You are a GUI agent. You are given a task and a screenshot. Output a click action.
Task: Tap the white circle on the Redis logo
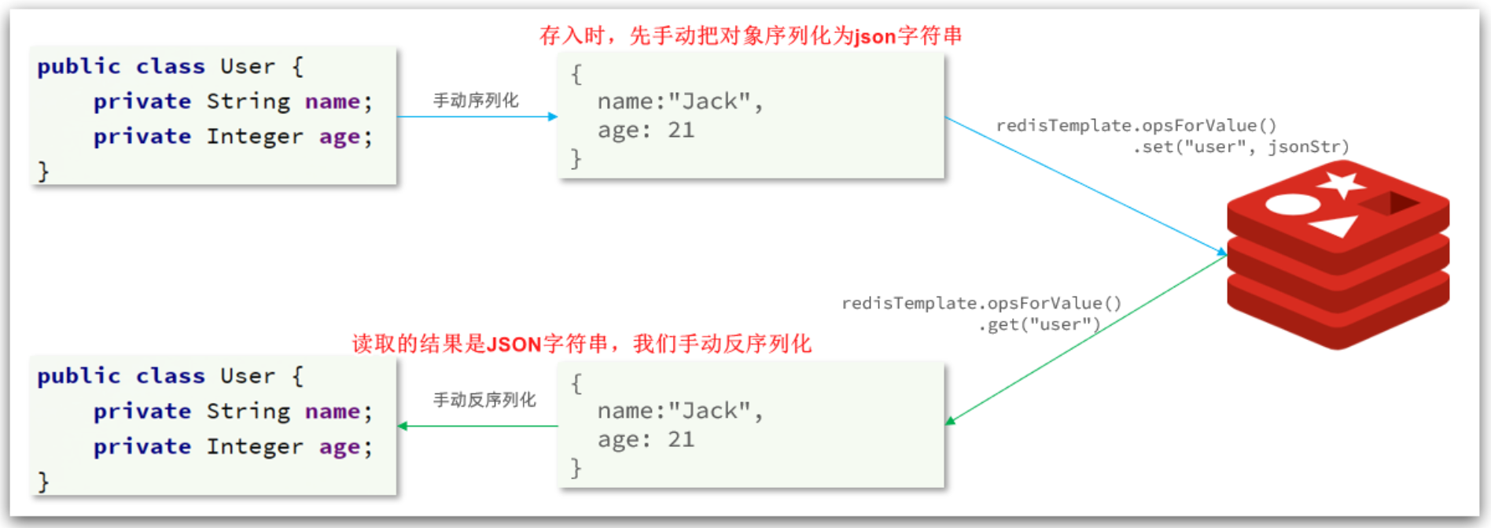click(1293, 205)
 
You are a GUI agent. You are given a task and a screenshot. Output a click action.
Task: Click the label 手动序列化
click(476, 101)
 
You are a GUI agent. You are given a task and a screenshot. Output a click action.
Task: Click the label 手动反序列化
click(484, 400)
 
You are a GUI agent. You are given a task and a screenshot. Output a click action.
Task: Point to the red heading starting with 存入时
click(751, 35)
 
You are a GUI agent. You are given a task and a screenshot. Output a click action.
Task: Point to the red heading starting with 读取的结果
click(582, 344)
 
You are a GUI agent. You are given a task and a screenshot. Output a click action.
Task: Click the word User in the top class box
click(248, 66)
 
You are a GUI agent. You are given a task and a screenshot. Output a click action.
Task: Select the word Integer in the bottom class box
click(255, 447)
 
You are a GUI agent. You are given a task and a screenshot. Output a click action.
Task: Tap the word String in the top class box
click(248, 102)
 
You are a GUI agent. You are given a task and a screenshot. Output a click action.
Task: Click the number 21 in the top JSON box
click(681, 130)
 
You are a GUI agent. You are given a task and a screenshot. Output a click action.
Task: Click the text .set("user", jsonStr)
click(1241, 147)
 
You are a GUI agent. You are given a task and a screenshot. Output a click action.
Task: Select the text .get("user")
click(1039, 324)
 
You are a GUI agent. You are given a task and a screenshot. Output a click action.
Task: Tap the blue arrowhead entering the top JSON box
click(553, 116)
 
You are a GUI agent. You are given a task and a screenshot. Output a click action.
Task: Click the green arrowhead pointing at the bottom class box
click(403, 426)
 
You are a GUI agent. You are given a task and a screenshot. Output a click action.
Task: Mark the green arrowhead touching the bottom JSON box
click(950, 421)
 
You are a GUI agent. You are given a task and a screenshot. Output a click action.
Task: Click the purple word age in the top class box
click(340, 138)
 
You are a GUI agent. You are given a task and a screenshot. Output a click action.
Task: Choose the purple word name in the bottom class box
click(333, 412)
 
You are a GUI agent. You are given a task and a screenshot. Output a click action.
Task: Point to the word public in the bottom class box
click(79, 376)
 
